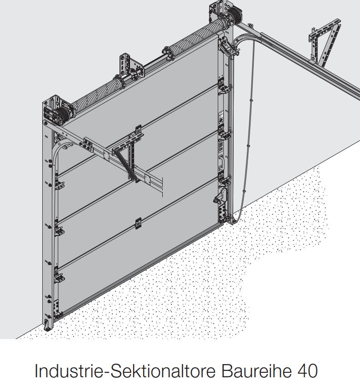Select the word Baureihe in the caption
pos(257,371)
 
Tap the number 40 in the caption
pos(307,371)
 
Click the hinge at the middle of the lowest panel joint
pos(139,223)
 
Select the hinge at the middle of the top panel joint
pos(139,130)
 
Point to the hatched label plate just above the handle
pos(220,146)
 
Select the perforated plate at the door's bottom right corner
pos(222,212)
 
